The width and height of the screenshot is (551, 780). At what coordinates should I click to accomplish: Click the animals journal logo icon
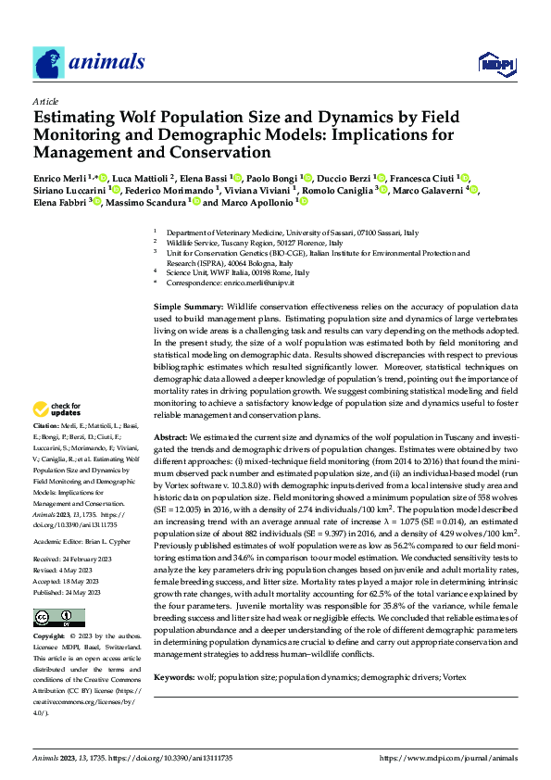click(x=49, y=62)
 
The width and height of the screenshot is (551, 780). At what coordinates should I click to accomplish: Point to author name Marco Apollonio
click(x=257, y=202)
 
